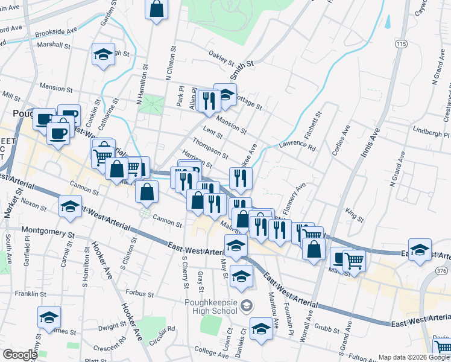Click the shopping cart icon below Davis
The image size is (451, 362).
443,347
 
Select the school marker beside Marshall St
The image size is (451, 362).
103,54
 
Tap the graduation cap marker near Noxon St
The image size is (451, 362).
71,207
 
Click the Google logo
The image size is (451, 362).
20,355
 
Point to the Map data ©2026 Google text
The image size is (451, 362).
414,357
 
